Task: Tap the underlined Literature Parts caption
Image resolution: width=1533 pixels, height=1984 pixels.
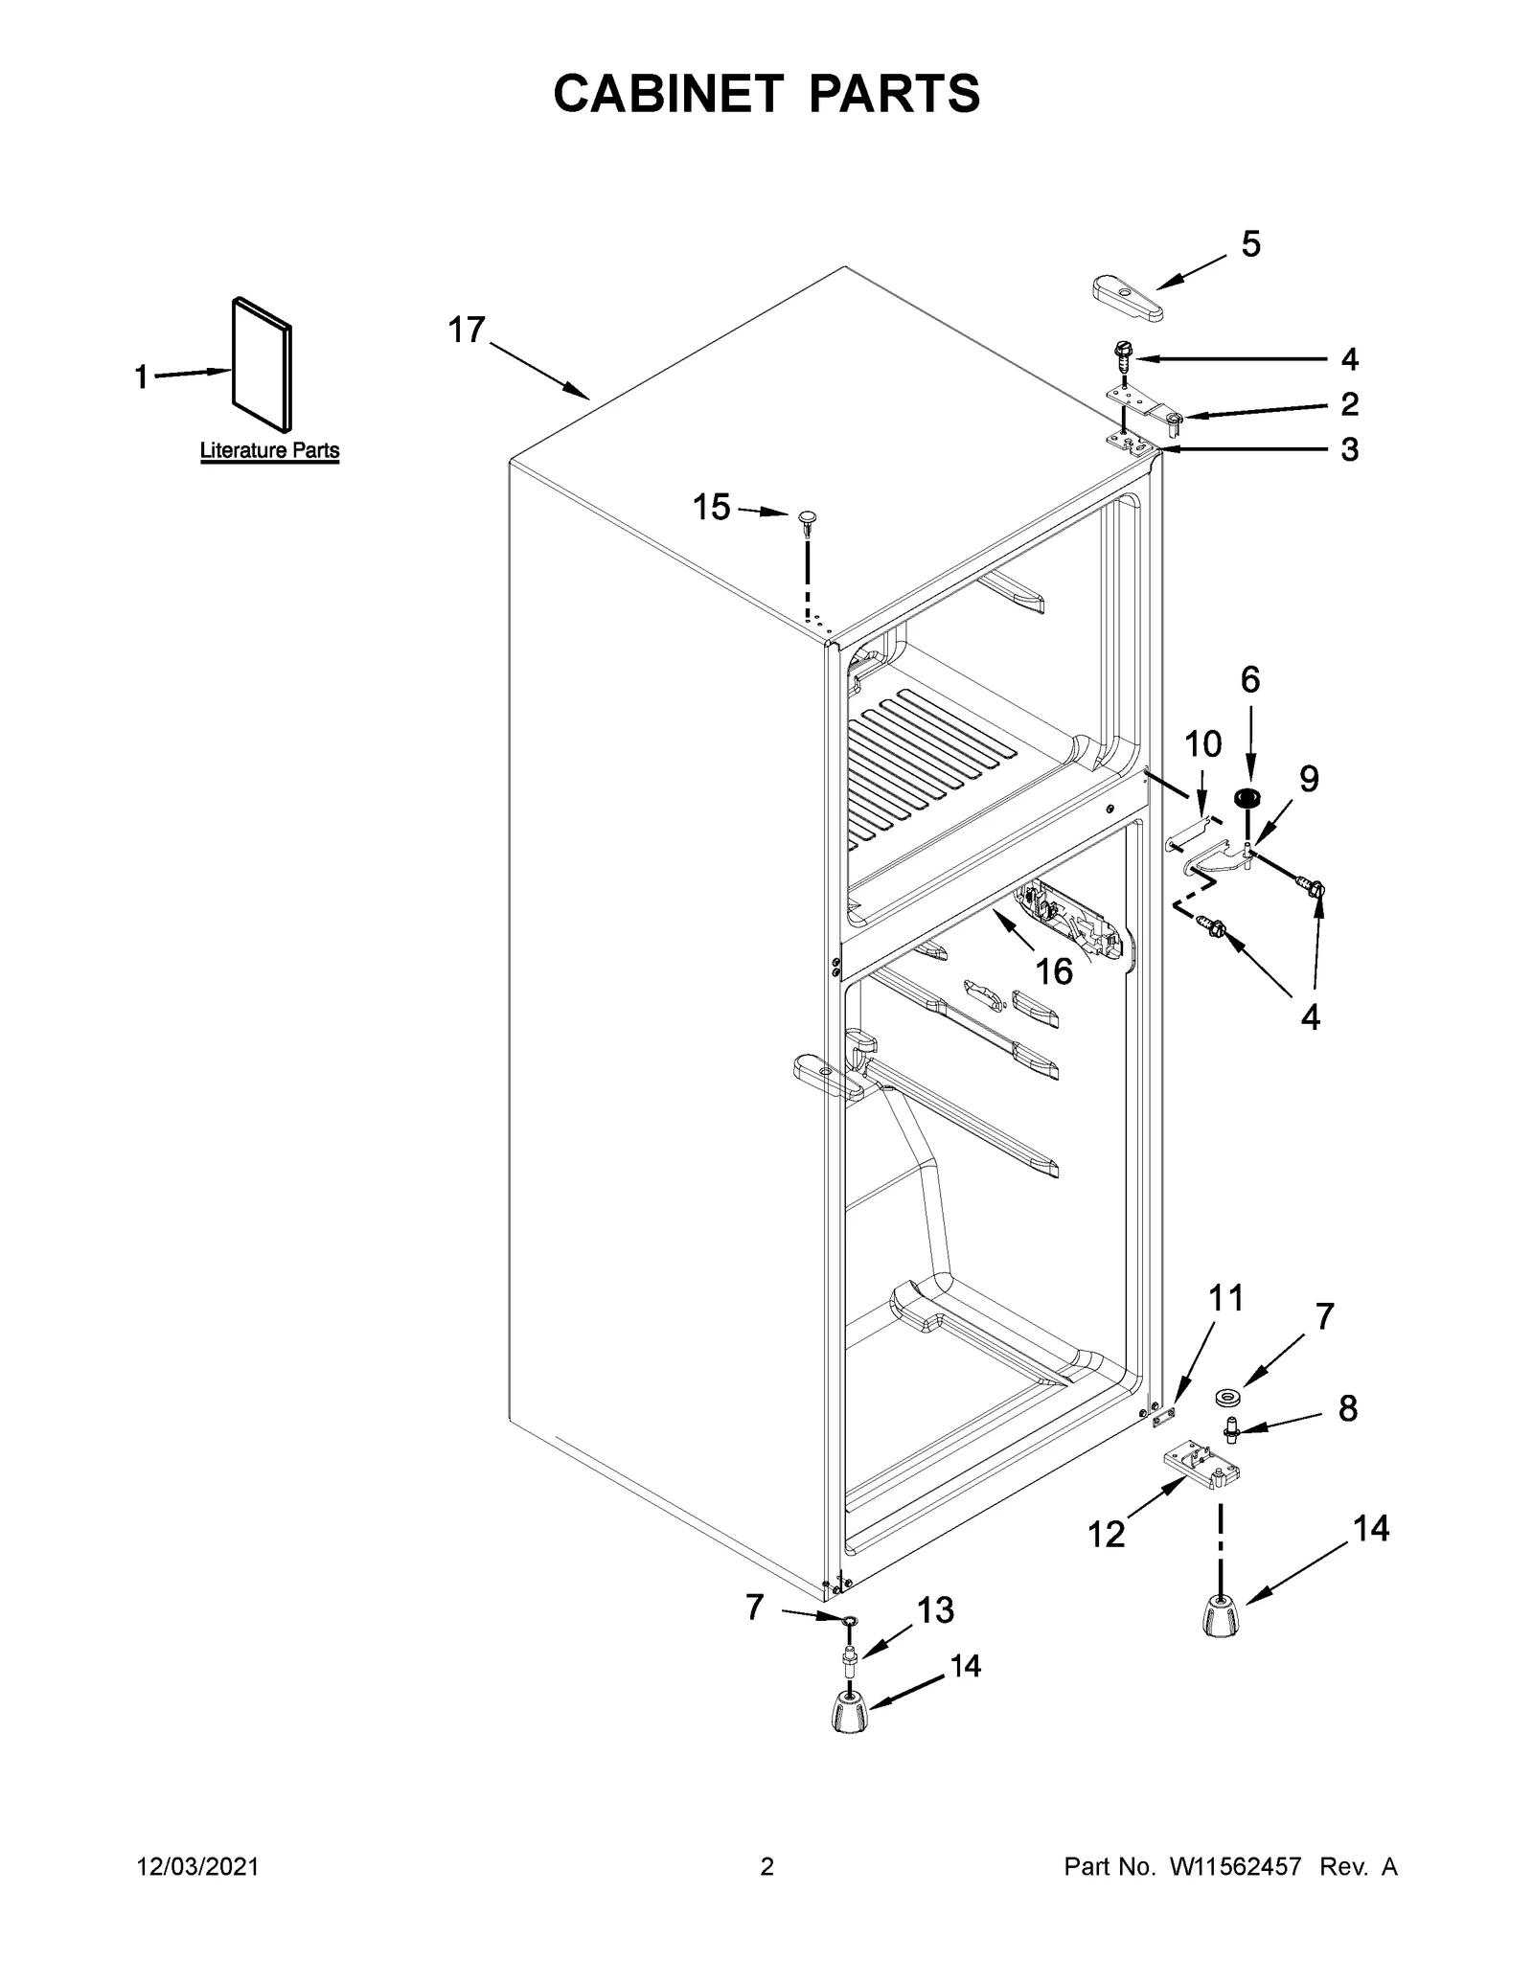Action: tap(269, 450)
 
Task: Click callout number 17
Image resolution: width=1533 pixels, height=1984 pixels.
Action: tap(468, 331)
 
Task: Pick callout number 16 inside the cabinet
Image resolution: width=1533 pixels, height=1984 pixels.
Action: tap(1054, 971)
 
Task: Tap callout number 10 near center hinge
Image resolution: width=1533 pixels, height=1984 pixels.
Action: tap(1203, 743)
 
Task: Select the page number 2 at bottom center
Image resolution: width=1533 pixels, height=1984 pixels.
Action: tap(766, 1867)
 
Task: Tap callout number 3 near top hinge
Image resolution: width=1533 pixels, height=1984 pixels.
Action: tap(1349, 448)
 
